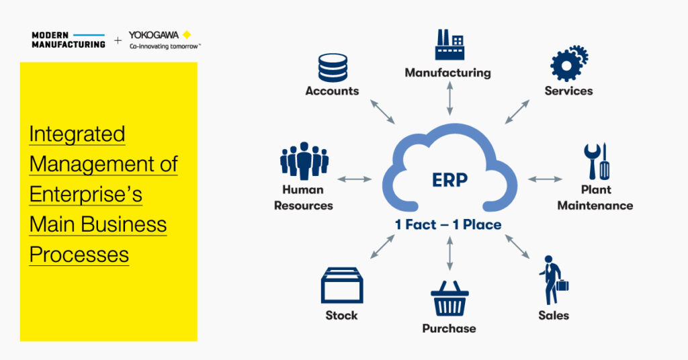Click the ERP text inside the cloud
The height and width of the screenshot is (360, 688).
coord(449,180)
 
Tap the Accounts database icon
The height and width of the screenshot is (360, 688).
coord(333,68)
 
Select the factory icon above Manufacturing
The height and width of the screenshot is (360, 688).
coord(449,45)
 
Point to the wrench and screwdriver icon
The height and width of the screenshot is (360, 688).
coord(597,161)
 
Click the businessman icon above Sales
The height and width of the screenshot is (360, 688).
coord(554,280)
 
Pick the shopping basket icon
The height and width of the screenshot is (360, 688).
coord(449,298)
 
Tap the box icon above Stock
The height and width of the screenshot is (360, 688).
coord(342,285)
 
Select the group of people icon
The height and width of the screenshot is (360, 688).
coord(304,161)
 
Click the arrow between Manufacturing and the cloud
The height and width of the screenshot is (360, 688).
coord(449,98)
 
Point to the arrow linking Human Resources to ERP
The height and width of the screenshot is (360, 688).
coord(355,179)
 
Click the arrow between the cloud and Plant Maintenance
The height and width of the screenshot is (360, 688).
coord(545,179)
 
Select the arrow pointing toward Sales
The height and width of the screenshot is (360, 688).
coord(517,246)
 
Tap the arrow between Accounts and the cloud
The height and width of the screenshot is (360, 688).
coord(382,111)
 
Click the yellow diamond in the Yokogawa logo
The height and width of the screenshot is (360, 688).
coord(187,35)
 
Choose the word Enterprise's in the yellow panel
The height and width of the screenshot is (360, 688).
coord(85,194)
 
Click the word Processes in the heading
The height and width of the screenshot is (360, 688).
coord(79,255)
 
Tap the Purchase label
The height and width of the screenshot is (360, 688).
coord(449,328)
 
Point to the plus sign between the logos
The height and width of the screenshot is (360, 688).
coord(118,41)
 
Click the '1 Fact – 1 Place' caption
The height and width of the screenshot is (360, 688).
coord(448,225)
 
